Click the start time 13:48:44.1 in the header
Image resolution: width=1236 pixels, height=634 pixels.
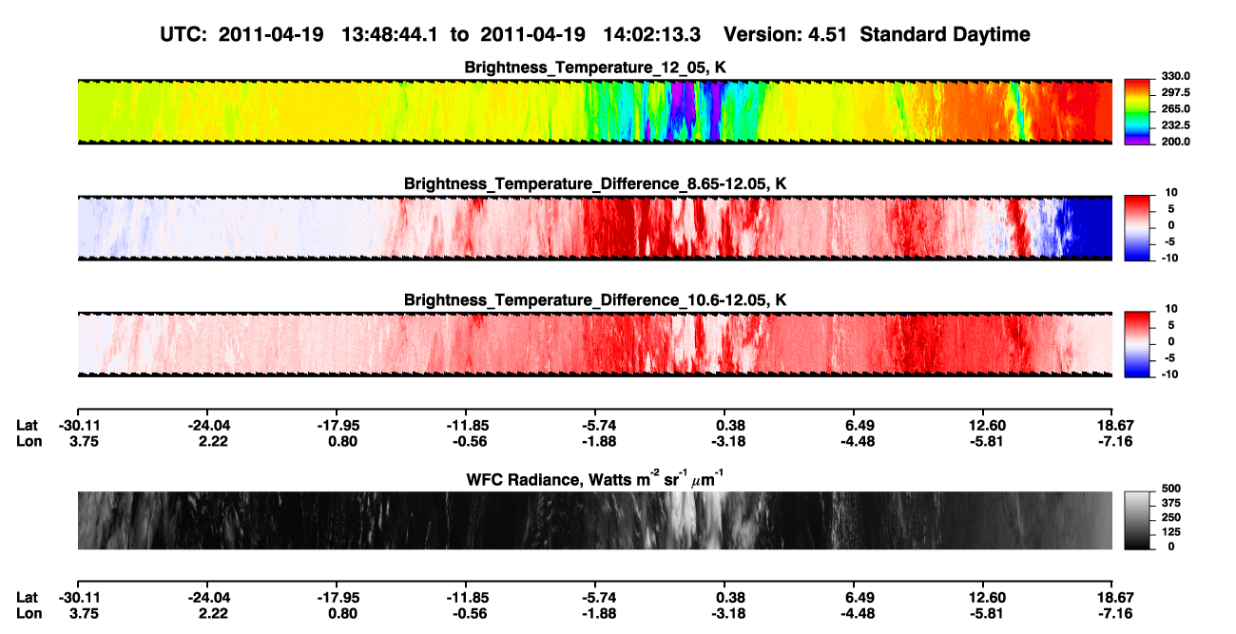[x=390, y=34]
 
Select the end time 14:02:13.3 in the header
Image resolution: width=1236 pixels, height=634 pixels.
[x=651, y=34]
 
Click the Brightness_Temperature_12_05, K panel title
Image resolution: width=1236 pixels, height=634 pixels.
[x=595, y=67]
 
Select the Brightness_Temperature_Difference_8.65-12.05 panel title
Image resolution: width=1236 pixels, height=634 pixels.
[x=595, y=183]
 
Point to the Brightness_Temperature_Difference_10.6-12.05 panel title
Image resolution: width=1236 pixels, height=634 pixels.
[x=595, y=300]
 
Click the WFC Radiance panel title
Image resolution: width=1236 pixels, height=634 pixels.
[x=595, y=479]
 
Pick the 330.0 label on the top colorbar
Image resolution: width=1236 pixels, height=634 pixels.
[x=1175, y=76]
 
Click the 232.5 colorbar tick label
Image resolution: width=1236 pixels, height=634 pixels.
[x=1175, y=125]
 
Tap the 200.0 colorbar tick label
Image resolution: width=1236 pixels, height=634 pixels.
[x=1175, y=142]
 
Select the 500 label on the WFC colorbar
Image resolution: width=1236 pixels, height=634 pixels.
[x=1171, y=489]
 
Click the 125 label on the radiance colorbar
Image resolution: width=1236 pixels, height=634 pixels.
[x=1171, y=532]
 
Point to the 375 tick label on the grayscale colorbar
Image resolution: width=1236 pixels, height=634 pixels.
[x=1171, y=503]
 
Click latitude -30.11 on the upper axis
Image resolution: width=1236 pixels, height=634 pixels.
[x=79, y=426]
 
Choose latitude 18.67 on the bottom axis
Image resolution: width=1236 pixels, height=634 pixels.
[x=1115, y=598]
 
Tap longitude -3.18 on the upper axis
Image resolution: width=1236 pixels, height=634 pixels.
[x=727, y=441]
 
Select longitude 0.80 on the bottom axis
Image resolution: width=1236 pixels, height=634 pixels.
[x=342, y=614]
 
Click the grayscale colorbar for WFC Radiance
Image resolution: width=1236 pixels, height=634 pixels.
[x=1137, y=520]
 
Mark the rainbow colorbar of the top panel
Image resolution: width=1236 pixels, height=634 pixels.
[x=1137, y=112]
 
